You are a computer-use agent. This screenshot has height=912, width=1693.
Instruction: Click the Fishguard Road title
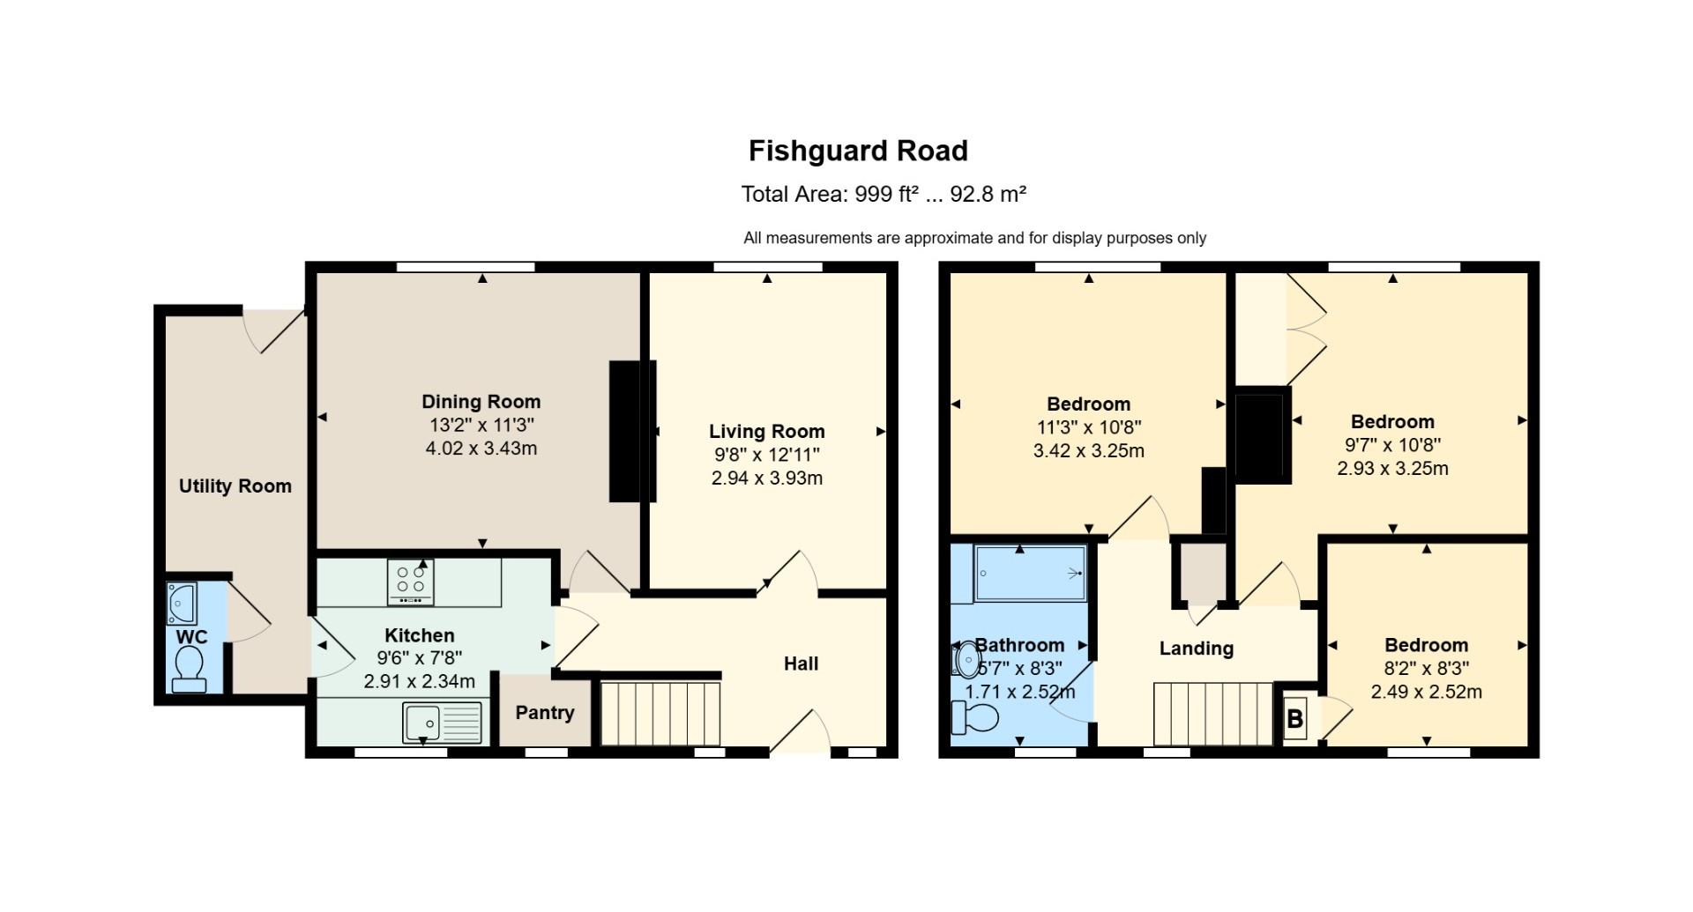(x=858, y=152)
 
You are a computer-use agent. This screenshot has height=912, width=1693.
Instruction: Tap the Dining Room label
(x=481, y=402)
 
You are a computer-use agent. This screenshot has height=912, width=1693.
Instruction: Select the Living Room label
(x=767, y=432)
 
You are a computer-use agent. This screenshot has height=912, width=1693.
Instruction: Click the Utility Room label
(x=235, y=486)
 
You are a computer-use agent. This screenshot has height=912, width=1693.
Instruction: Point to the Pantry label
(x=545, y=713)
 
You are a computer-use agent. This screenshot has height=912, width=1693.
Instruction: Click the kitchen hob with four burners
(x=411, y=582)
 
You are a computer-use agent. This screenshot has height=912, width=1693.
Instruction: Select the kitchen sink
(x=443, y=723)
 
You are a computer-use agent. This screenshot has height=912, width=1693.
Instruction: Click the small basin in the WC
(x=182, y=604)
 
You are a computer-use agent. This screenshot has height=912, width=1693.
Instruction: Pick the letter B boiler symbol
(x=1294, y=719)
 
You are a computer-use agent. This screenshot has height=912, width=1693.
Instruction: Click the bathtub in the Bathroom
(x=1031, y=573)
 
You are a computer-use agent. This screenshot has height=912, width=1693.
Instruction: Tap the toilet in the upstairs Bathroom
(x=975, y=717)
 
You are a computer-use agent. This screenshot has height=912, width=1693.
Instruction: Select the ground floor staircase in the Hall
(x=660, y=713)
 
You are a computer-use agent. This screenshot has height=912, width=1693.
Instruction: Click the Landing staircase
(x=1213, y=714)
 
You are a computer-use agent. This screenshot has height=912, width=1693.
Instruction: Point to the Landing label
(x=1197, y=649)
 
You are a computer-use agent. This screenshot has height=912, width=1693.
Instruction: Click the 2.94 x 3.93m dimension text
(x=767, y=478)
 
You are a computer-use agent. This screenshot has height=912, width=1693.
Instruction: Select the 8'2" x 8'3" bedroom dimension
(x=1427, y=669)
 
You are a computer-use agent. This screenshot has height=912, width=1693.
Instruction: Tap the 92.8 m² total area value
(x=988, y=194)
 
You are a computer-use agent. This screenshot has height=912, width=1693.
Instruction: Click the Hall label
(x=802, y=664)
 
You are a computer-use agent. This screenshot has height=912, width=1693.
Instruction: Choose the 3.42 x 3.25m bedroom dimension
(x=1089, y=451)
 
